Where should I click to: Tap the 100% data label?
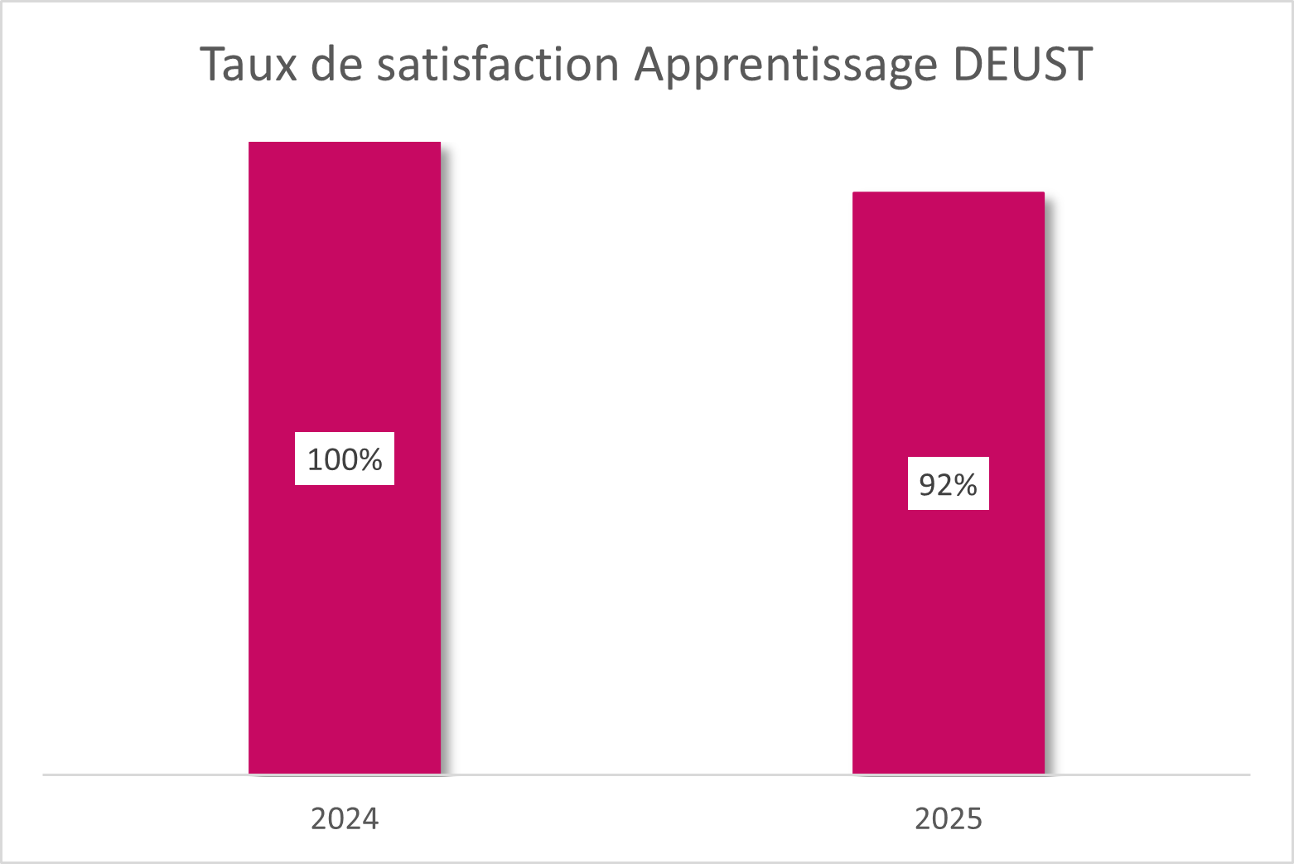pos(345,459)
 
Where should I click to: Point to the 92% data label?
pos(949,483)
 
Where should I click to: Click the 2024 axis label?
pos(345,818)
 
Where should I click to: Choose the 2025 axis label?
pos(949,818)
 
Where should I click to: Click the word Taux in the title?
pos(248,64)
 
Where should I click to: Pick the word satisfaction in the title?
pos(497,64)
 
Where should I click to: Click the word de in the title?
pos(336,64)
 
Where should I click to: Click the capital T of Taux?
pos(213,64)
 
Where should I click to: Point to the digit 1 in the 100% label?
pos(315,459)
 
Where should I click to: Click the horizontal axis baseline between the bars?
pos(646,774)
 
